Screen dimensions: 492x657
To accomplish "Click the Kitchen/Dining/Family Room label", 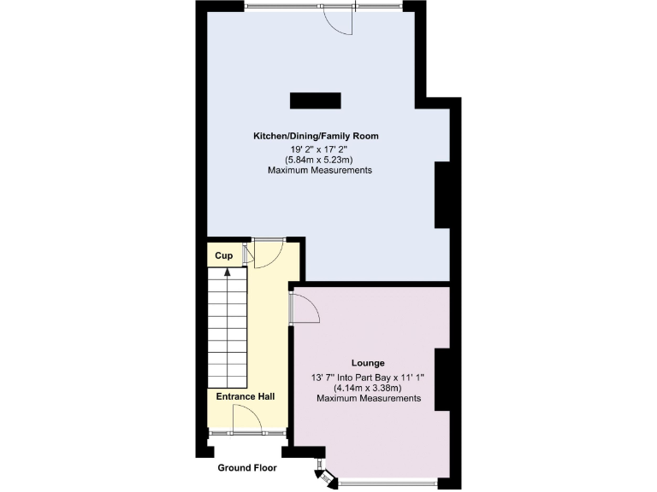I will click(315, 136).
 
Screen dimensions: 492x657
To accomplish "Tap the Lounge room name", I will click(367, 362).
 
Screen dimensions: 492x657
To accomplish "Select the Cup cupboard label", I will click(224, 255).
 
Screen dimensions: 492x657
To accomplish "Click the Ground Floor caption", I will click(247, 467).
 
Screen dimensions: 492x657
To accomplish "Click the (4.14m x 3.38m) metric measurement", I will click(369, 387).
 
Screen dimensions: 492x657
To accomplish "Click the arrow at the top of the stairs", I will click(227, 273).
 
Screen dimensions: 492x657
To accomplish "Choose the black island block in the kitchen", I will click(315, 101).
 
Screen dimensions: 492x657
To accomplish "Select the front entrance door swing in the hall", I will click(248, 418).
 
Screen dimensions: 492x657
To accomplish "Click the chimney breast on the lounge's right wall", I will click(442, 380).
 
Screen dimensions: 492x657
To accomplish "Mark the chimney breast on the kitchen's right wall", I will click(442, 195).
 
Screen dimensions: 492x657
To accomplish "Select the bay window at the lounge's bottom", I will click(388, 483).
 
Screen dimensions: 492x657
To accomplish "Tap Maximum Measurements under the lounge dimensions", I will click(369, 398).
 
